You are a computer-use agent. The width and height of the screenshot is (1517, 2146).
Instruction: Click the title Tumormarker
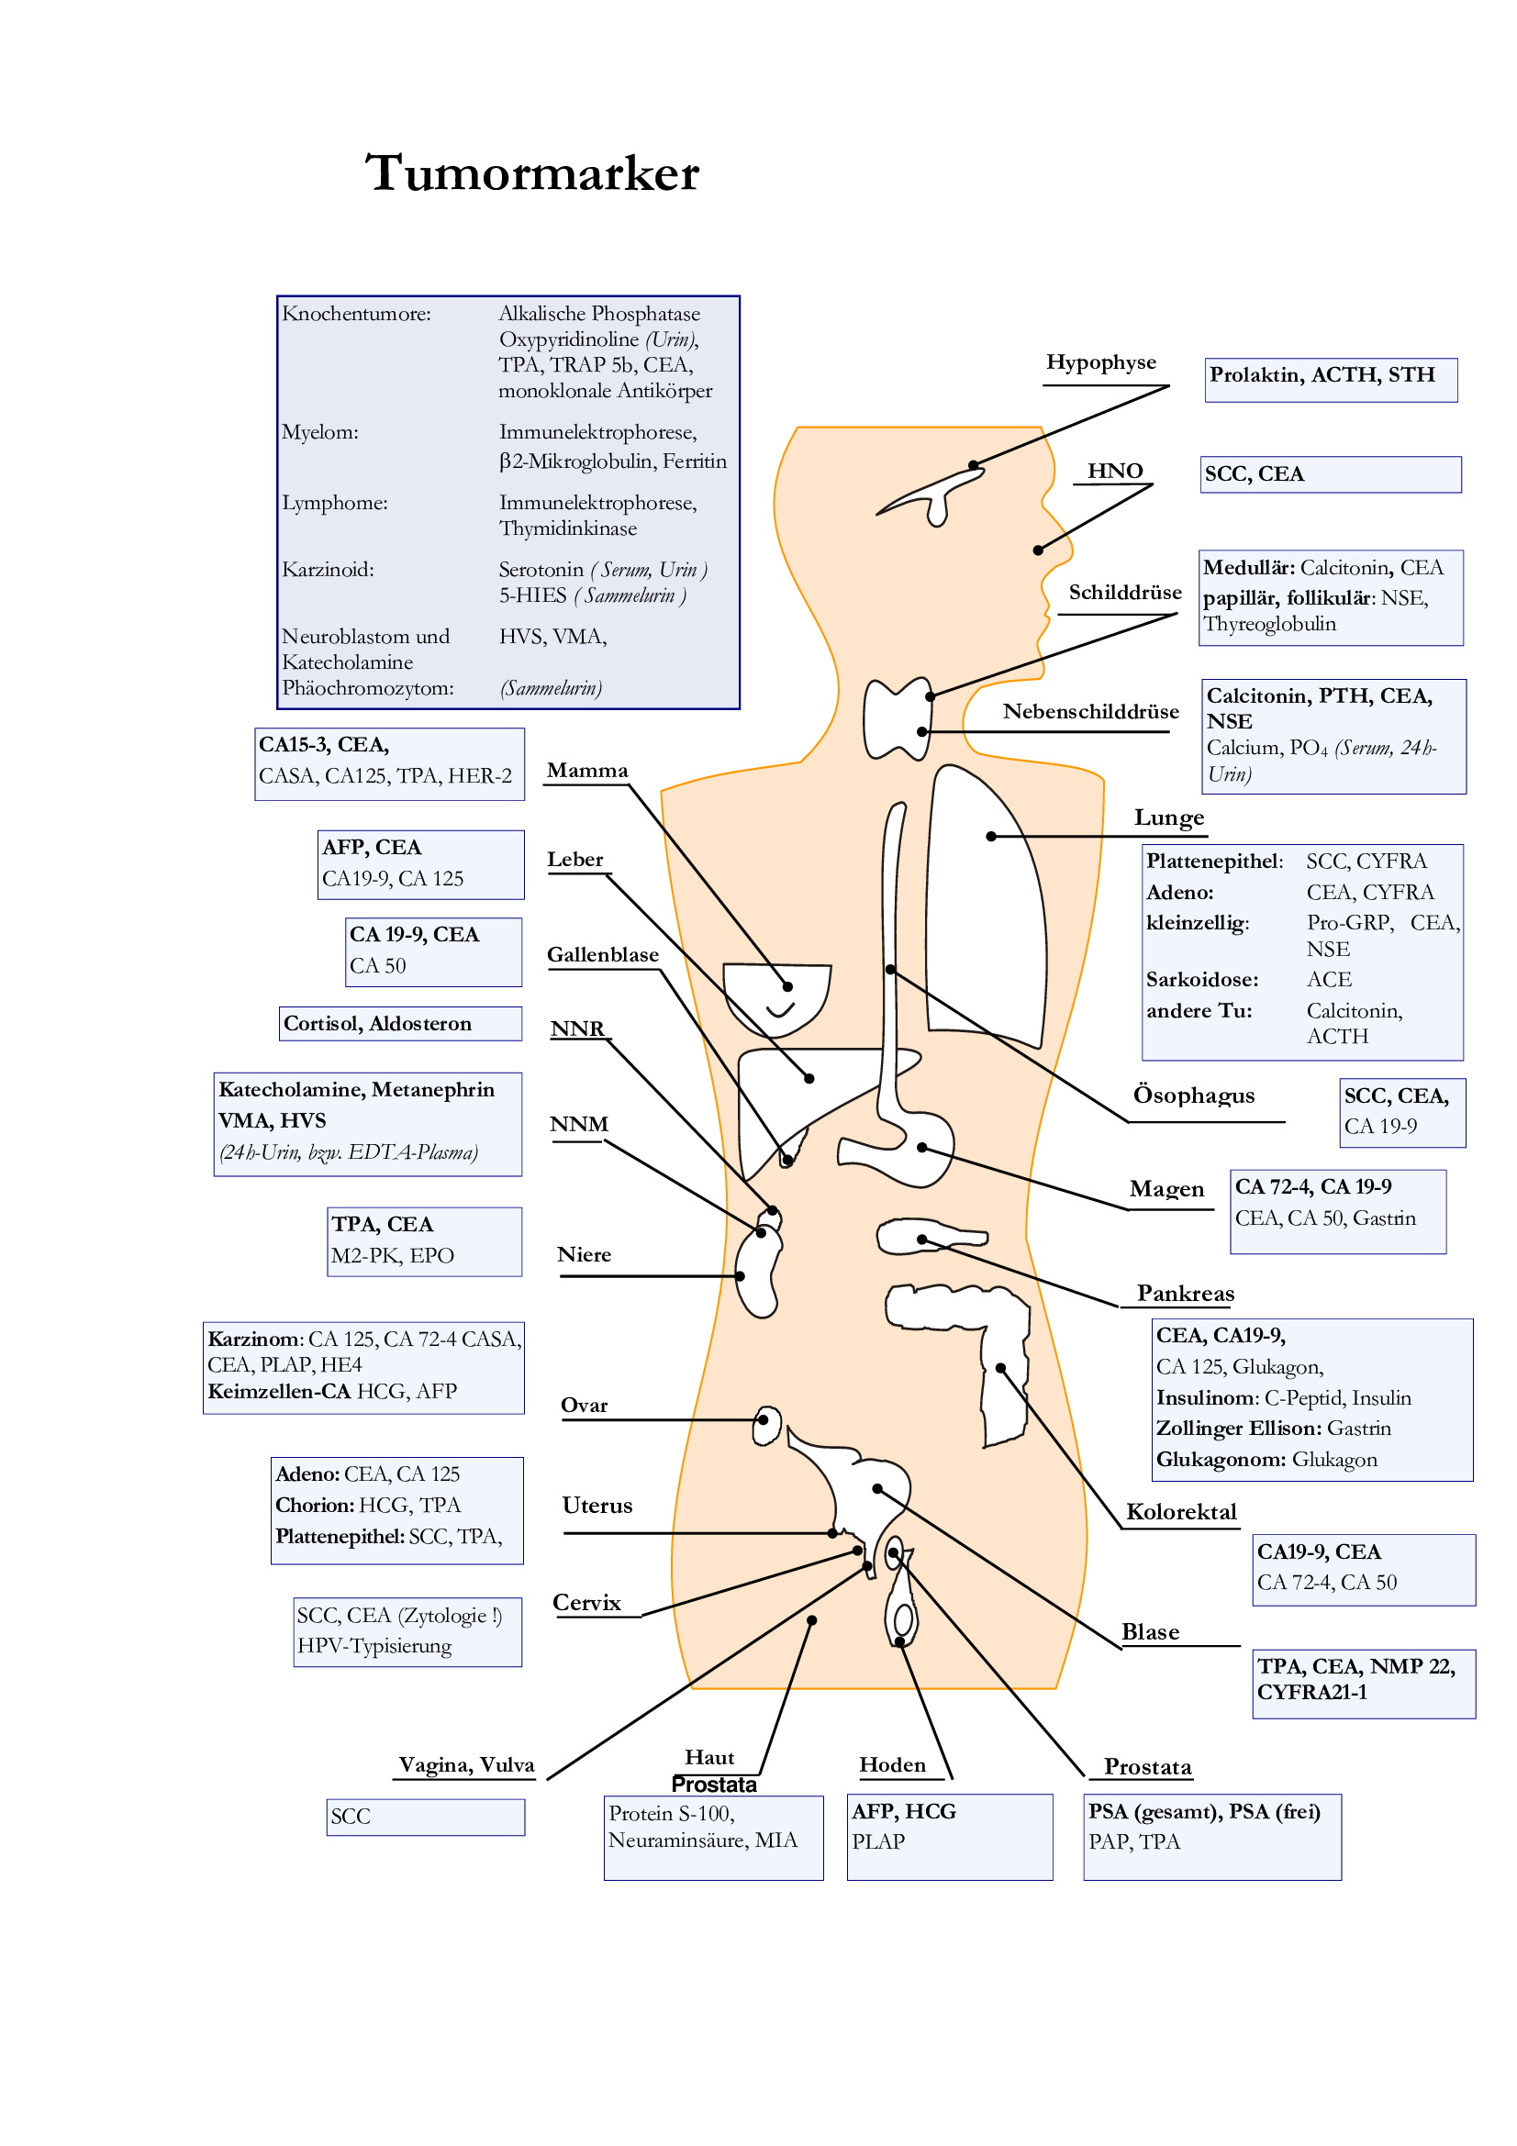(532, 173)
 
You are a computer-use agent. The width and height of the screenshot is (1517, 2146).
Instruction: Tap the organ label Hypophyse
(1100, 362)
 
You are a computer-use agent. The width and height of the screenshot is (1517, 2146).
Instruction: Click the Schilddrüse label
(1124, 593)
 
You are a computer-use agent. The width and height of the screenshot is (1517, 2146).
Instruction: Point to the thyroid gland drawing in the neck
(896, 717)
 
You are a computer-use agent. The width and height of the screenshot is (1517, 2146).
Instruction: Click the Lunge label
(1168, 817)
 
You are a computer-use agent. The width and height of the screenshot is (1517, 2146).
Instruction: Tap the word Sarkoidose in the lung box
(1201, 980)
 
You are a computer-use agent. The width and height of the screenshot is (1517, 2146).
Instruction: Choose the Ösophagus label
(1193, 1095)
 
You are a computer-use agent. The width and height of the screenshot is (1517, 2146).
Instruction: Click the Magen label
(1166, 1189)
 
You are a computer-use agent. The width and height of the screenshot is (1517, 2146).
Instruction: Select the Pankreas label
(1184, 1294)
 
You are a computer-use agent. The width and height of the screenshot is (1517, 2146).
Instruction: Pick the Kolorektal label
(1180, 1512)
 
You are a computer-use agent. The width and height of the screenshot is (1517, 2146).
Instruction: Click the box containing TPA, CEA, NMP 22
(1363, 1683)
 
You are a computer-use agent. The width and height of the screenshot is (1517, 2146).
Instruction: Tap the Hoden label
(892, 1764)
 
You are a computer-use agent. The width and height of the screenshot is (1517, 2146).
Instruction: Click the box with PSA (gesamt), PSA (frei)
(1211, 1836)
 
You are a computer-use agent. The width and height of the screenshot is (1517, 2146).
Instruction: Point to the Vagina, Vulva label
(465, 1764)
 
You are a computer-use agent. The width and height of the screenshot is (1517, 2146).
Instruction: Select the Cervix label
(586, 1603)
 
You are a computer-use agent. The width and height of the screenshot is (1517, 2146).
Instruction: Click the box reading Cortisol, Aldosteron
(400, 1024)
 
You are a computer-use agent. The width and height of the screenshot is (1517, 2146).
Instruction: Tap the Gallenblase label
(602, 954)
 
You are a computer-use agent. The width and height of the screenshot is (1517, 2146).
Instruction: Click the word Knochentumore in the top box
(356, 314)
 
